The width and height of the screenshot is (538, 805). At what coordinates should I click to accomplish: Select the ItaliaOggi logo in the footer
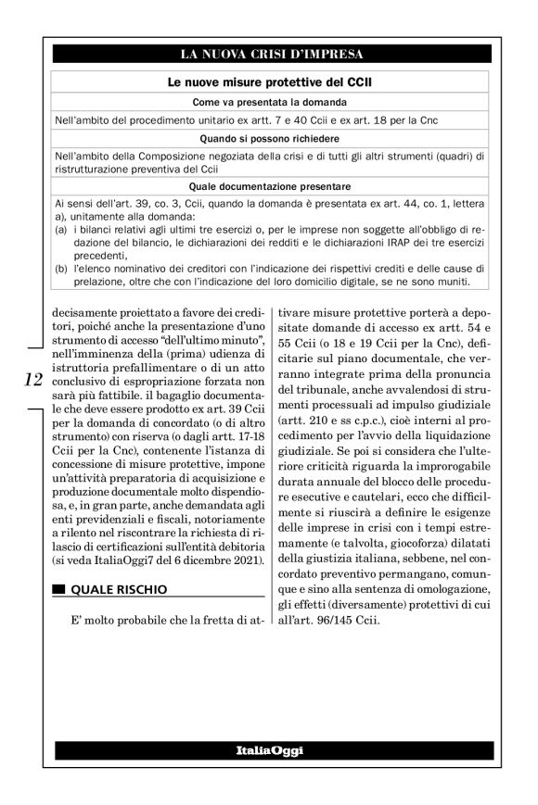[269, 748]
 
